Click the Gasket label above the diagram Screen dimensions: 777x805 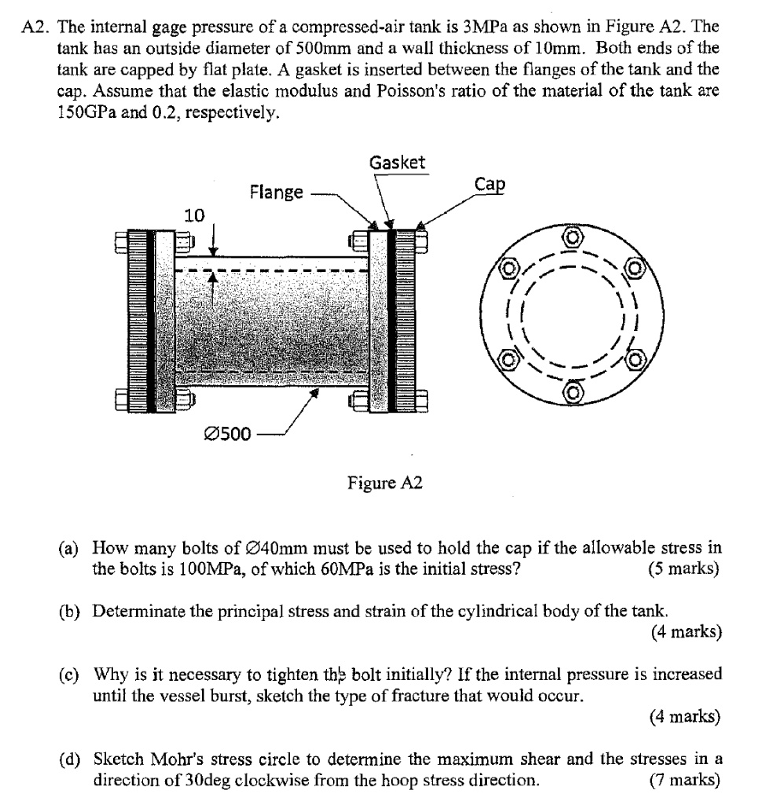click(397, 163)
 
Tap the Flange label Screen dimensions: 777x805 click(276, 192)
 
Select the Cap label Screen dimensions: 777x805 click(490, 184)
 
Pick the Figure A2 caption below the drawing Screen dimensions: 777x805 click(385, 483)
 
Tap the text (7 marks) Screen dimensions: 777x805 click(683, 781)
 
